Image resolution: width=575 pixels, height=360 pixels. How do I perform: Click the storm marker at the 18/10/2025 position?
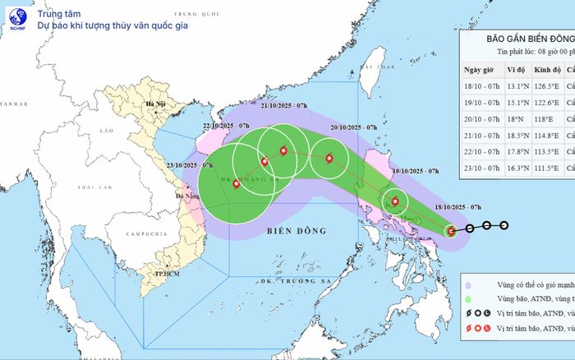(x=451, y=231)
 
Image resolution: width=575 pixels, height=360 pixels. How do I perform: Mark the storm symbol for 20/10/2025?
(x=329, y=159)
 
